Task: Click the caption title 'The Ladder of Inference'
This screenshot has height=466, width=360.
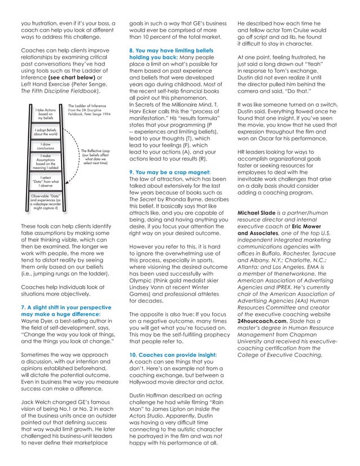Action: coord(87,105)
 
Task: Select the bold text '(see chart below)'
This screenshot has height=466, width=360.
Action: coord(69,76)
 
